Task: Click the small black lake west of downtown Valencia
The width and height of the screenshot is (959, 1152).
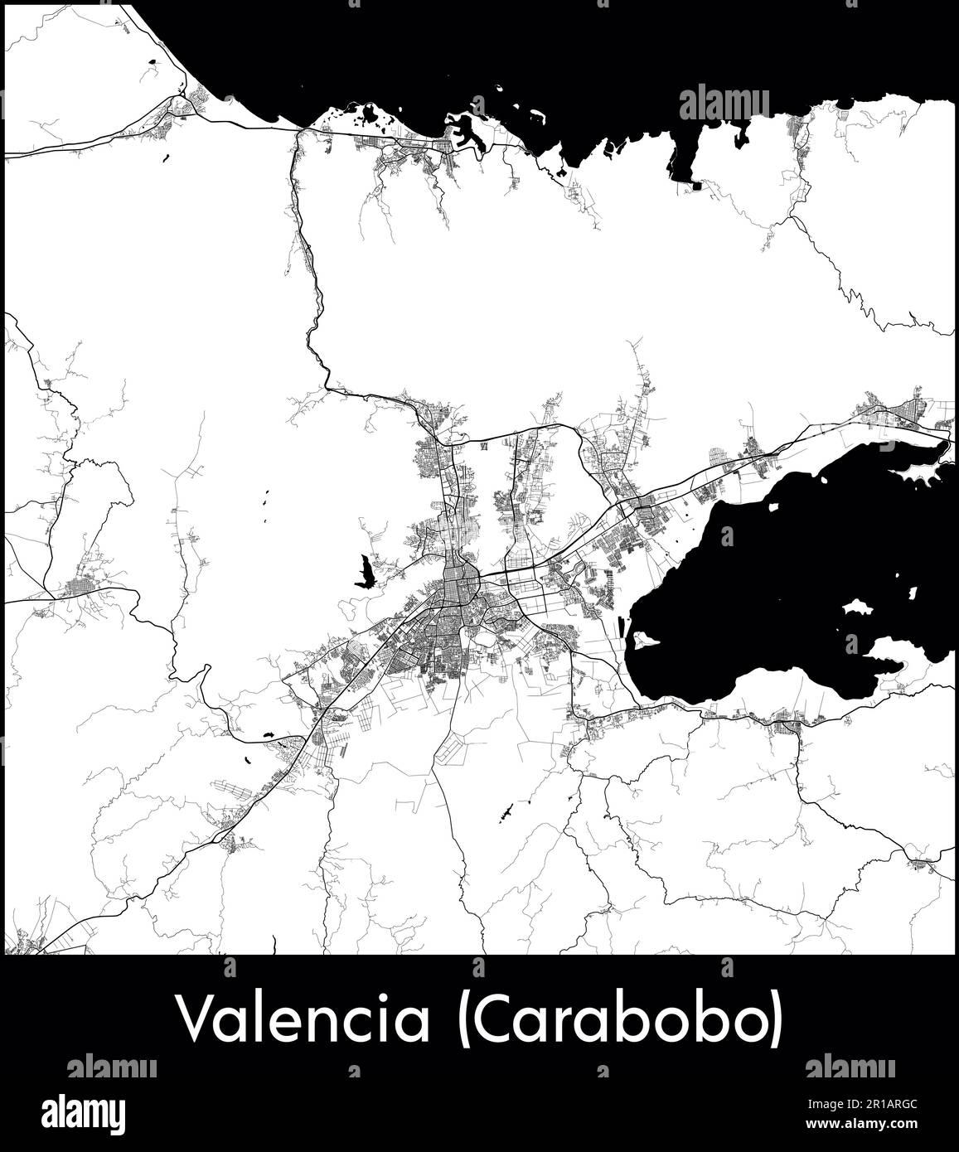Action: (x=364, y=573)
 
